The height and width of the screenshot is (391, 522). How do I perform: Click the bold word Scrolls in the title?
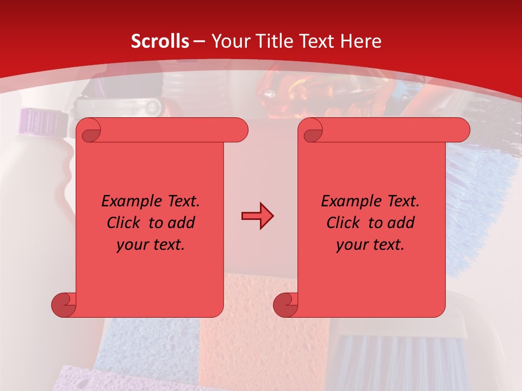coord(160,41)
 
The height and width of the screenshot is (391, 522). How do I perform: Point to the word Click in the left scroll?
coord(126,223)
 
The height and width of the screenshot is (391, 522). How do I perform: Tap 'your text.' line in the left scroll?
coord(151,245)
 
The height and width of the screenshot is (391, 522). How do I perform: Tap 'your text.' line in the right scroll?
coord(370,245)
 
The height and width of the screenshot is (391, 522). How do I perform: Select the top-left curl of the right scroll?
coord(312,131)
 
